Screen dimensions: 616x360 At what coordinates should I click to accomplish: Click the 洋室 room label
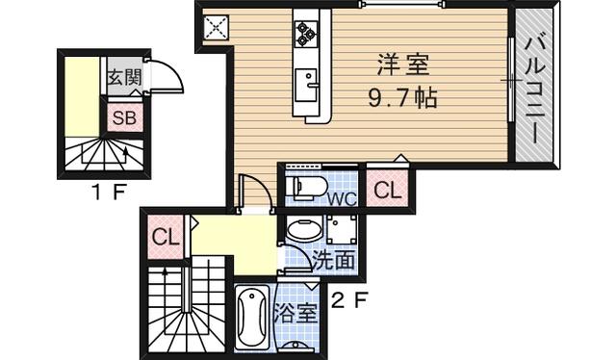coord(403,65)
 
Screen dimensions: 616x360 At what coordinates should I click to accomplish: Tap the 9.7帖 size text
coord(402,98)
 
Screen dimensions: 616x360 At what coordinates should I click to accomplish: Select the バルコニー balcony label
coord(535,90)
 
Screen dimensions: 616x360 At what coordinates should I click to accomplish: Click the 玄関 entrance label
coord(124,77)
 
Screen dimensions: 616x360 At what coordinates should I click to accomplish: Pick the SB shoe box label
coord(124,117)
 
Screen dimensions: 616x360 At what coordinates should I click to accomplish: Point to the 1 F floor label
coord(109,193)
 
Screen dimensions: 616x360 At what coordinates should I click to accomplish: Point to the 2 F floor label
coord(348,301)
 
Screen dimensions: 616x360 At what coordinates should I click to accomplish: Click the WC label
coord(343,199)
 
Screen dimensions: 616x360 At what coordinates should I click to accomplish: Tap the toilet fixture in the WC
coord(307,186)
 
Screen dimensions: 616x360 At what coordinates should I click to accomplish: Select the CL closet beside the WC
coord(388,191)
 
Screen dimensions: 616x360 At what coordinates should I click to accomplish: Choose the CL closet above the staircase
coord(167,238)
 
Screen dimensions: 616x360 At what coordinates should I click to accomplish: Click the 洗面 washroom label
coord(334,260)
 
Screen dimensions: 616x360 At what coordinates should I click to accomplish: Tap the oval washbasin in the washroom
coord(305,229)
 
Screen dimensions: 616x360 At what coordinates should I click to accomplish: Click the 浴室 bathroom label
coord(295,313)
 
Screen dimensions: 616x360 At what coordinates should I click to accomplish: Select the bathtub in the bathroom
coord(252,317)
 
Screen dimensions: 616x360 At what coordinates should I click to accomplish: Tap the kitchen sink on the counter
coord(306,85)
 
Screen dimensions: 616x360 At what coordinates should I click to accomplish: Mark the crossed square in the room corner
coord(216,28)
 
